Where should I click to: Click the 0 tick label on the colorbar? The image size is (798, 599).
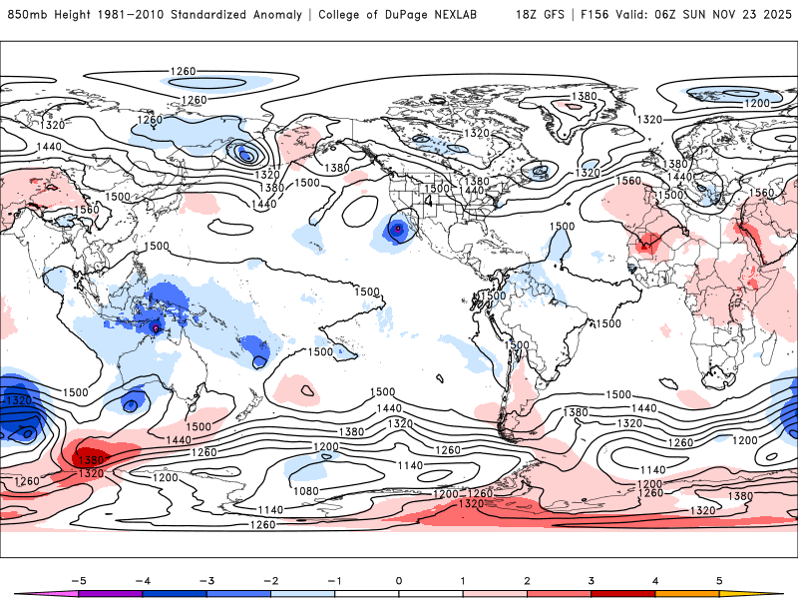pyautogui.click(x=399, y=579)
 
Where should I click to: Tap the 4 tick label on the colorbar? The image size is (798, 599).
pyautogui.click(x=655, y=579)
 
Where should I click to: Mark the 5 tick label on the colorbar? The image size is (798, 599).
pyautogui.click(x=719, y=579)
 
